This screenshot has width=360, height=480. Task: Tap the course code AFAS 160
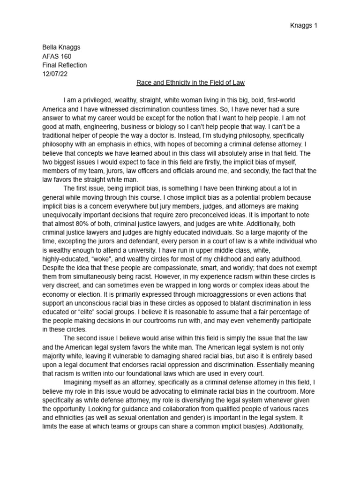[x=57, y=56]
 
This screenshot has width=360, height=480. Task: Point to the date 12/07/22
[x=55, y=74]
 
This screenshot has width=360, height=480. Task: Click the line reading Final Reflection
[x=64, y=65]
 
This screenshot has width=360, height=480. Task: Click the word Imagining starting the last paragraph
[x=79, y=383]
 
